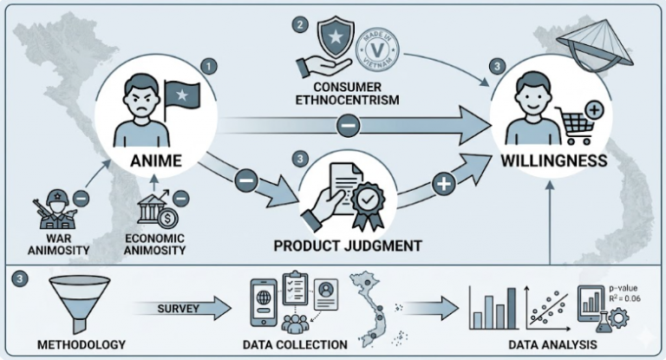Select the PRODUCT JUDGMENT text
coord(348,245)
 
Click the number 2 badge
coord(299,24)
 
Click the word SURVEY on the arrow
coord(180,308)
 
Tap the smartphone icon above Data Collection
coord(264,297)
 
